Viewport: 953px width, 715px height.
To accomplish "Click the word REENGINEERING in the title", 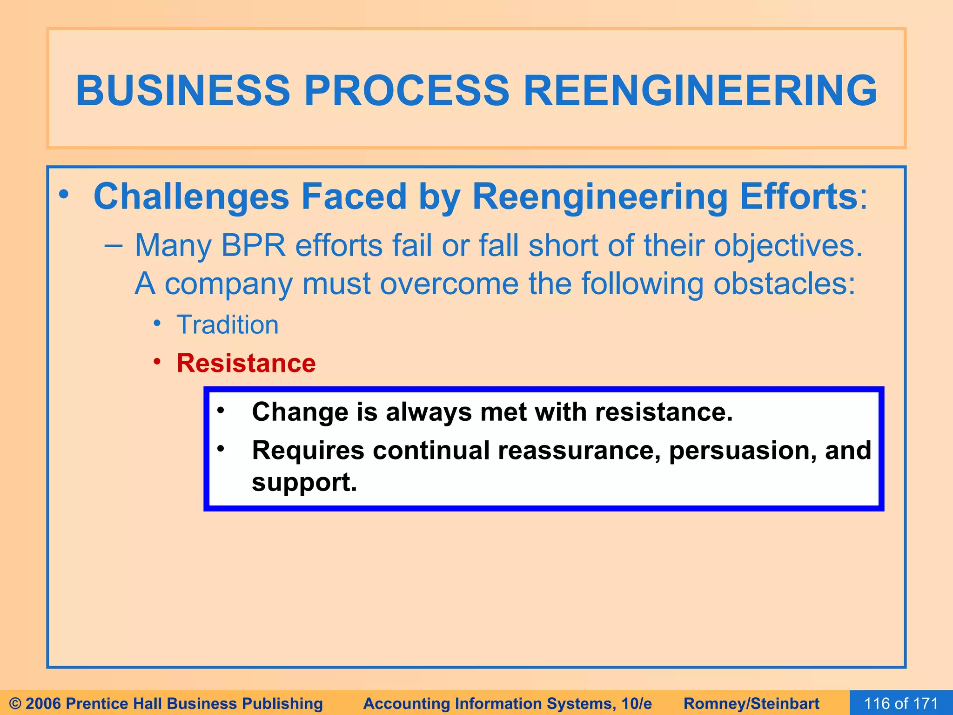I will pyautogui.click(x=700, y=90).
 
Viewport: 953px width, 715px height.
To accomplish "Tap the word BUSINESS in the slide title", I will pyautogui.click(x=183, y=90).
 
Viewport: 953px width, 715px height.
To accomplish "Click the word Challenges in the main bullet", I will pyautogui.click(x=191, y=197).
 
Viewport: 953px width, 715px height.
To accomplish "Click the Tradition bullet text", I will pyautogui.click(x=228, y=324).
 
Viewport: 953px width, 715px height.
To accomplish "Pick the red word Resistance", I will pyautogui.click(x=246, y=363).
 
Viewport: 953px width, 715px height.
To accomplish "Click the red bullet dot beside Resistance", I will pyautogui.click(x=158, y=362).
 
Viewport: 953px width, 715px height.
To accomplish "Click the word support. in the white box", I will pyautogui.click(x=304, y=482).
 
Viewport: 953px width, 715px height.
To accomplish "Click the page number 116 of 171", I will pyautogui.click(x=901, y=703).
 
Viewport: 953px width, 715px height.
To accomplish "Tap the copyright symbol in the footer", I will pyautogui.click(x=15, y=703).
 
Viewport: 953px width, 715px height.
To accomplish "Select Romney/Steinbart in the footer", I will pyautogui.click(x=751, y=703).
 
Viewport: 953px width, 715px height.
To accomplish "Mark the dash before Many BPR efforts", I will pyautogui.click(x=113, y=245).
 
